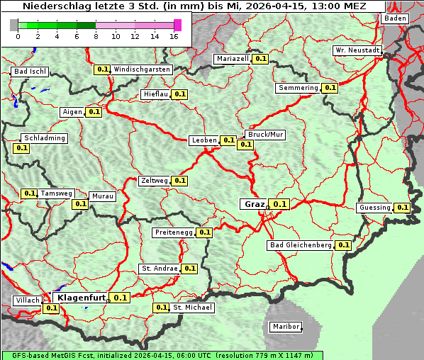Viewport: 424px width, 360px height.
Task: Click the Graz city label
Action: [254, 204]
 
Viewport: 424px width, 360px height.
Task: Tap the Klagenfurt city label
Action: [81, 298]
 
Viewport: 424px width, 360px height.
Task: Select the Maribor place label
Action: [286, 327]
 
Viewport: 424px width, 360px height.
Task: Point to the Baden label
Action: [396, 18]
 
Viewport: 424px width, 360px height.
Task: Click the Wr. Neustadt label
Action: [357, 51]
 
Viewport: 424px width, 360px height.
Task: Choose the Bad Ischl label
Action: [30, 72]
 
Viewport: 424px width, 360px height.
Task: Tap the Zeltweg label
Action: [154, 181]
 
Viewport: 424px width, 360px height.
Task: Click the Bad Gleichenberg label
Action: [301, 245]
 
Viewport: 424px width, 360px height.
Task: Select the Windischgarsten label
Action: [142, 69]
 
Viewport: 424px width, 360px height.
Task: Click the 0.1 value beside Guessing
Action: [402, 208]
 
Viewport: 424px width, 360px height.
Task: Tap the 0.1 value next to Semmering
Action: [329, 88]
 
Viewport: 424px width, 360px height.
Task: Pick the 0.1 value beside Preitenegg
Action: [204, 232]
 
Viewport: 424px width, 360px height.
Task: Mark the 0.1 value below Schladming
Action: [21, 148]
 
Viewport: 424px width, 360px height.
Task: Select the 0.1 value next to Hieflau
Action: [179, 94]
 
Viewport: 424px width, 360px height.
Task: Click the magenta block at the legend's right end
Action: [177, 25]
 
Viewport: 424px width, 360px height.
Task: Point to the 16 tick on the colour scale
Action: [174, 36]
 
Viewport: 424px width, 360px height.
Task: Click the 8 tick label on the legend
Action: [96, 36]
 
